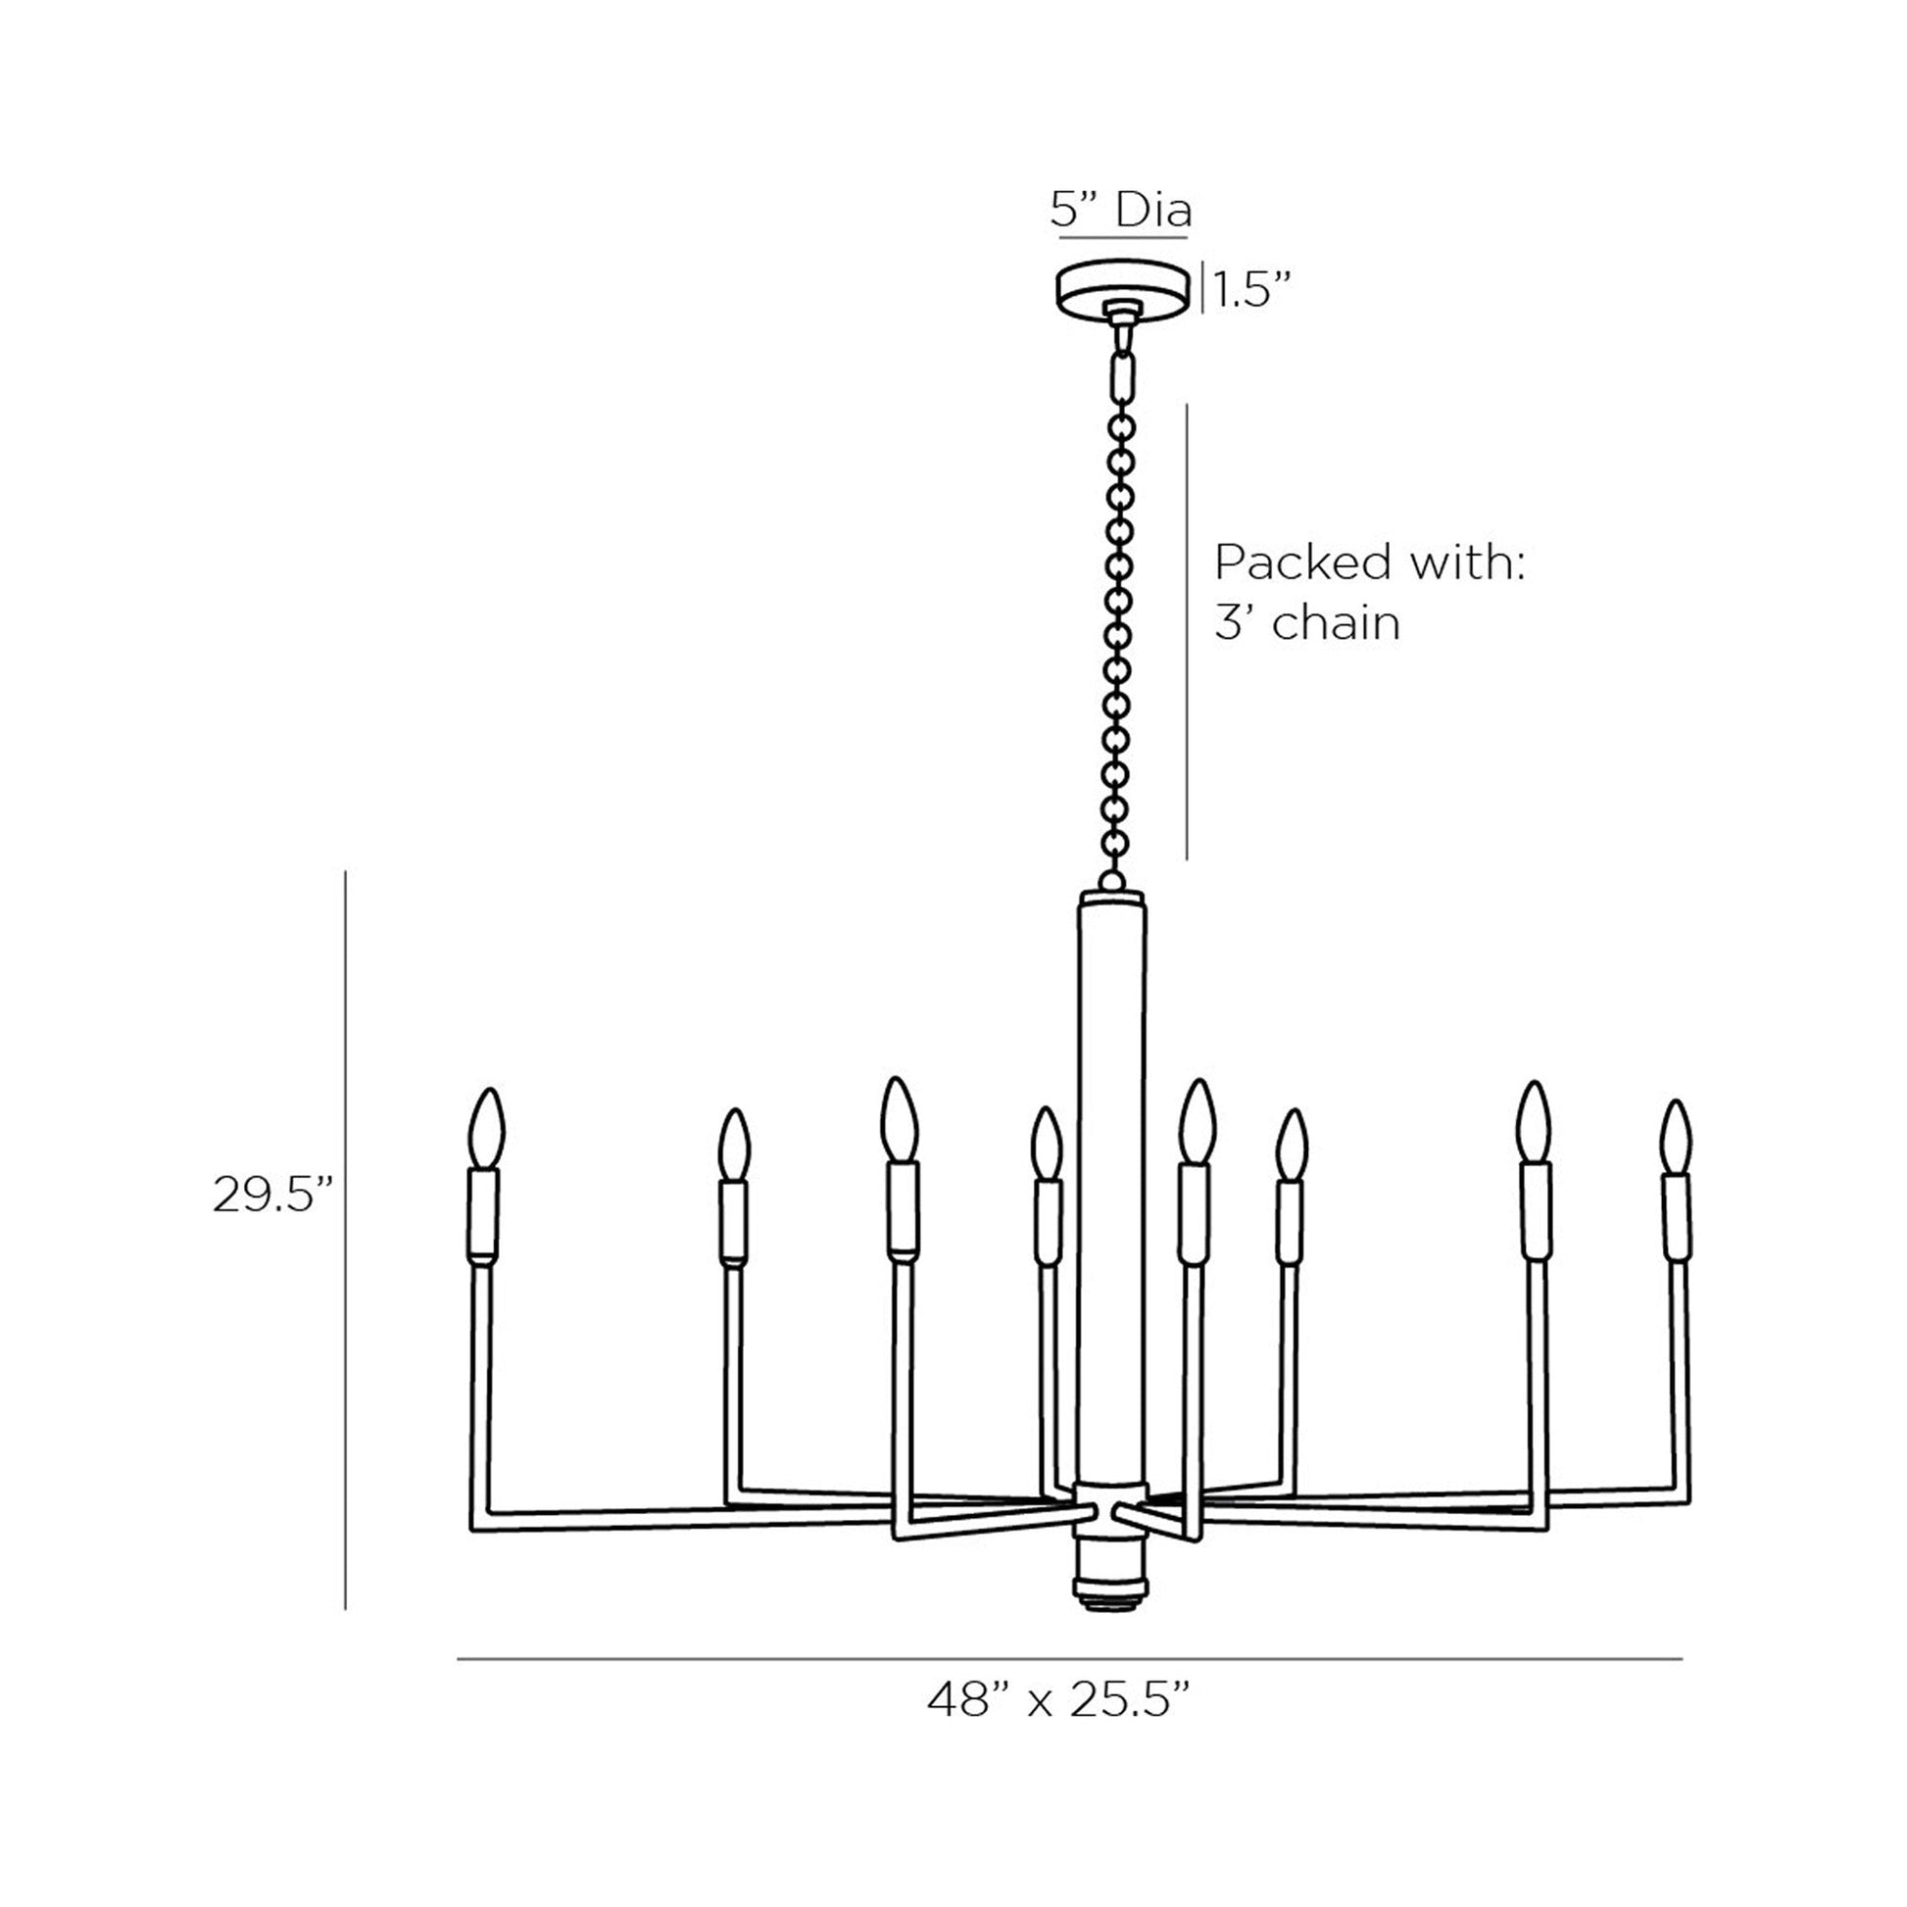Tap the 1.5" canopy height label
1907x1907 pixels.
tap(1251, 291)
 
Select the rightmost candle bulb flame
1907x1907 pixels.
tap(1675, 1137)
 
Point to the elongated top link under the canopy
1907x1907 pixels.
tap(1122, 375)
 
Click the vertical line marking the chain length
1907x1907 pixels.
tap(1187, 632)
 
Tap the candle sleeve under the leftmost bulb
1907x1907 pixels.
tap(483, 1214)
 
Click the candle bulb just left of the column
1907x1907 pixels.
tap(1047, 1143)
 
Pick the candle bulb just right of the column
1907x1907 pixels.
tap(1198, 1122)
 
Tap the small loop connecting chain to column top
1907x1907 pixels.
tap(1112, 879)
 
